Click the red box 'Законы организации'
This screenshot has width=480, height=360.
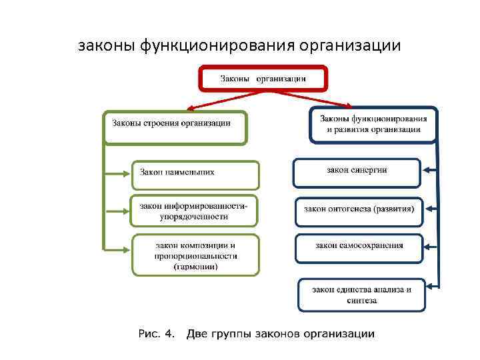pyautogui.click(x=263, y=79)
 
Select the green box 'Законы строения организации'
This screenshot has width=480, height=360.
pyautogui.click(x=175, y=127)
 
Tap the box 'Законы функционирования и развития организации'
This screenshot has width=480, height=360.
pyautogui.click(x=373, y=124)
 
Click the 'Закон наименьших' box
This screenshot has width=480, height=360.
pyautogui.click(x=195, y=174)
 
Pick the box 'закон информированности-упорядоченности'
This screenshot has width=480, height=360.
pyautogui.click(x=195, y=211)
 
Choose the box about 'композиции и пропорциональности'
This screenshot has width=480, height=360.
pyautogui.click(x=195, y=254)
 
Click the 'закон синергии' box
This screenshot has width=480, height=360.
pyautogui.click(x=357, y=172)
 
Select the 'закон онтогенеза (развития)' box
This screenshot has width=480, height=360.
pyautogui.click(x=359, y=212)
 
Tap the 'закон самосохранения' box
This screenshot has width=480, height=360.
pyautogui.click(x=359, y=247)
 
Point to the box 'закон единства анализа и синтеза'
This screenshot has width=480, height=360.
pyautogui.click(x=361, y=295)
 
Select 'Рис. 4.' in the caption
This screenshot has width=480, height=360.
pyautogui.click(x=157, y=333)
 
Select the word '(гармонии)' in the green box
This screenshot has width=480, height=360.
pyautogui.click(x=195, y=267)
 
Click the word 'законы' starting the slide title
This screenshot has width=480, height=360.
pyautogui.click(x=107, y=47)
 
